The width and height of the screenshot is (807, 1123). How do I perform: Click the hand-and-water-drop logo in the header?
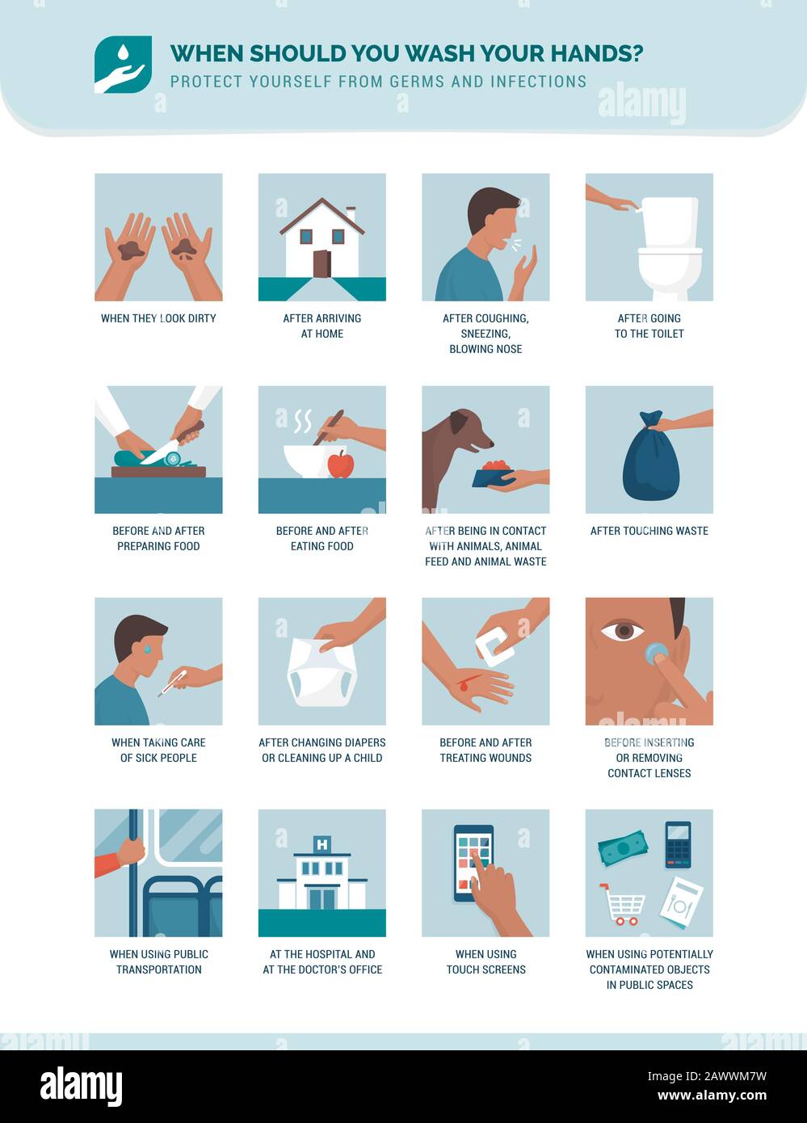click(123, 65)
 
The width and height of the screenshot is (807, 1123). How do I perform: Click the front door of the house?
click(322, 263)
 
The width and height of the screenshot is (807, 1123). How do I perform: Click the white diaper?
click(323, 672)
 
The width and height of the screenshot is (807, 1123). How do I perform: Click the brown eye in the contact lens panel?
click(622, 630)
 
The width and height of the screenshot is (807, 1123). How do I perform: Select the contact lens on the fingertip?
click(656, 653)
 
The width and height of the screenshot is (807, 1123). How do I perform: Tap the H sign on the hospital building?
click(322, 845)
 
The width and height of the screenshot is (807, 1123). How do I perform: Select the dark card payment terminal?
click(678, 844)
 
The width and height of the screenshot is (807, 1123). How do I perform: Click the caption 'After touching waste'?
click(649, 531)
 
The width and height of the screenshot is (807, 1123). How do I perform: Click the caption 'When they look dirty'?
click(158, 318)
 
